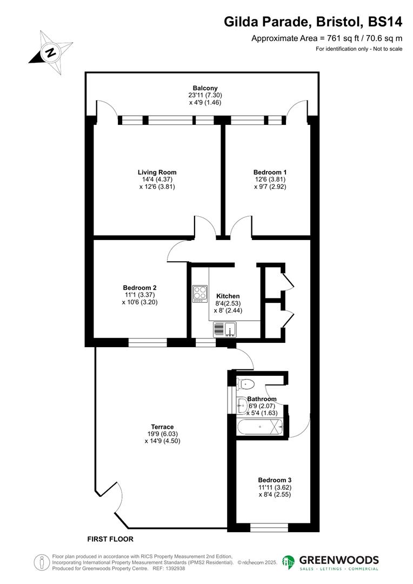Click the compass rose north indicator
tap(50, 53)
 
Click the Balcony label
tap(205, 88)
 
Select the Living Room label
tap(157, 172)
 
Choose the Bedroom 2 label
tap(139, 288)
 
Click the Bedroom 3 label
tap(275, 480)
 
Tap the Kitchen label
tap(228, 296)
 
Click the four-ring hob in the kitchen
tap(200, 293)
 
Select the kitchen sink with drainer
tap(225, 328)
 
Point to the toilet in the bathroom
tap(246, 384)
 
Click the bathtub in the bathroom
tap(260, 427)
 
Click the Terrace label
tap(162, 427)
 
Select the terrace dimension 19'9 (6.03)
tap(162, 434)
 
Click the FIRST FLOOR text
tap(110, 539)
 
